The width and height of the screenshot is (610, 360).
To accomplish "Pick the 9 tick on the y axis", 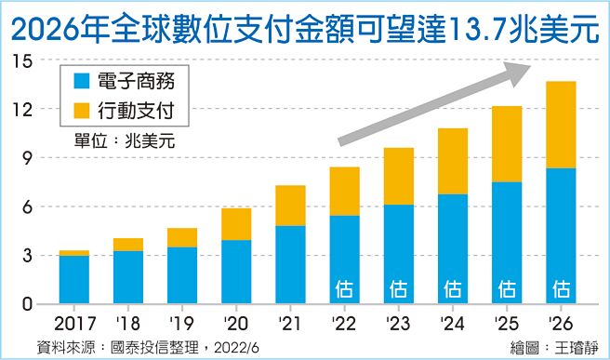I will (29, 158).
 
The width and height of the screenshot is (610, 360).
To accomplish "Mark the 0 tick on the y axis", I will (29, 304).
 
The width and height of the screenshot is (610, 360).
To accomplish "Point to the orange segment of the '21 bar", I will (290, 206).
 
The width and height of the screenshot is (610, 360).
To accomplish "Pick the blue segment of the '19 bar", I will (183, 275).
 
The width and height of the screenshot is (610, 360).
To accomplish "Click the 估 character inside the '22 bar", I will (344, 287).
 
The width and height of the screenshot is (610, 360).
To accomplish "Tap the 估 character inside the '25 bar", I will (506, 287).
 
